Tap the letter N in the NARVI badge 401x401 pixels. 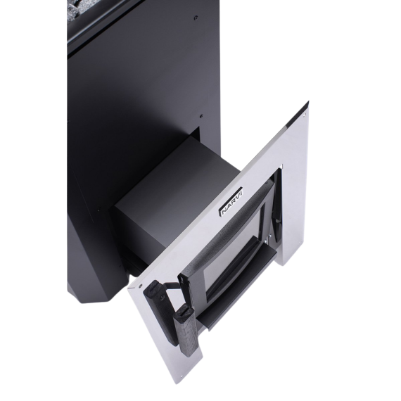click(x=223, y=212)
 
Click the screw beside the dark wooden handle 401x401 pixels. click(x=141, y=284)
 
